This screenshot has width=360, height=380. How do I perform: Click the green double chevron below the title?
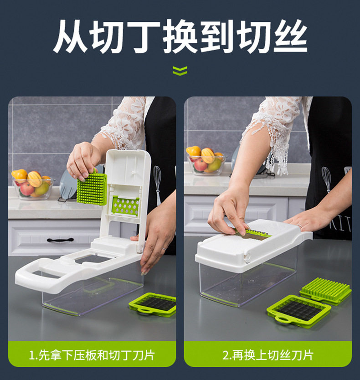pyautogui.click(x=180, y=71)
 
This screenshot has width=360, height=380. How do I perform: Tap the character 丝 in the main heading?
pyautogui.click(x=290, y=36)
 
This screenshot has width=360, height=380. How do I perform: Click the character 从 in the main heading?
pyautogui.click(x=70, y=36)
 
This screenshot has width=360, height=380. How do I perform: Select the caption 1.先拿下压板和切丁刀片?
pyautogui.click(x=92, y=355)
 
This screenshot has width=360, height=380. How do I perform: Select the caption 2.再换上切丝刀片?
pyautogui.click(x=268, y=355)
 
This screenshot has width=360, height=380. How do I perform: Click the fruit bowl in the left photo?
pyautogui.click(x=32, y=185)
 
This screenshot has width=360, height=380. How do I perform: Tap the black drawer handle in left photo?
pyautogui.click(x=60, y=240)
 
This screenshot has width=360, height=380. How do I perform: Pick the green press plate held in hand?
pyautogui.click(x=92, y=187)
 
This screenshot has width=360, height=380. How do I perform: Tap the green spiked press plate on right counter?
pyautogui.click(x=326, y=290)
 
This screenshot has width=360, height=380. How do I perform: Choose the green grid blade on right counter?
pyautogui.click(x=298, y=312)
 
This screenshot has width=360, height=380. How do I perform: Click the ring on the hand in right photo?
pyautogui.click(x=300, y=226)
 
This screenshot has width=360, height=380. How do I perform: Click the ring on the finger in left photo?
pyautogui.click(x=164, y=249)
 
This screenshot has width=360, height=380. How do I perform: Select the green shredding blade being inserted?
pyautogui.click(x=255, y=234)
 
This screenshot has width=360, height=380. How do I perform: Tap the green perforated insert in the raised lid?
pyautogui.click(x=125, y=206)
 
